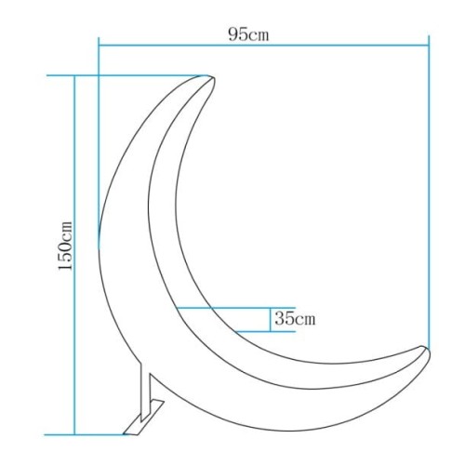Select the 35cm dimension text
(295, 319)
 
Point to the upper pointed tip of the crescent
(211, 76)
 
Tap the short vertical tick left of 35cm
(269, 319)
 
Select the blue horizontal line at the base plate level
(93, 433)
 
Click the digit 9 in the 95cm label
(232, 33)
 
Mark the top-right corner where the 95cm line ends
(429, 43)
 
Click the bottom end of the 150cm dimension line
(74, 433)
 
